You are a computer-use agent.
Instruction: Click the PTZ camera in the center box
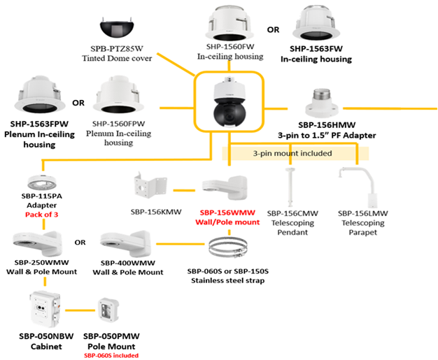[229, 105]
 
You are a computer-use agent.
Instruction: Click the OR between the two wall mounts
[80, 243]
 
